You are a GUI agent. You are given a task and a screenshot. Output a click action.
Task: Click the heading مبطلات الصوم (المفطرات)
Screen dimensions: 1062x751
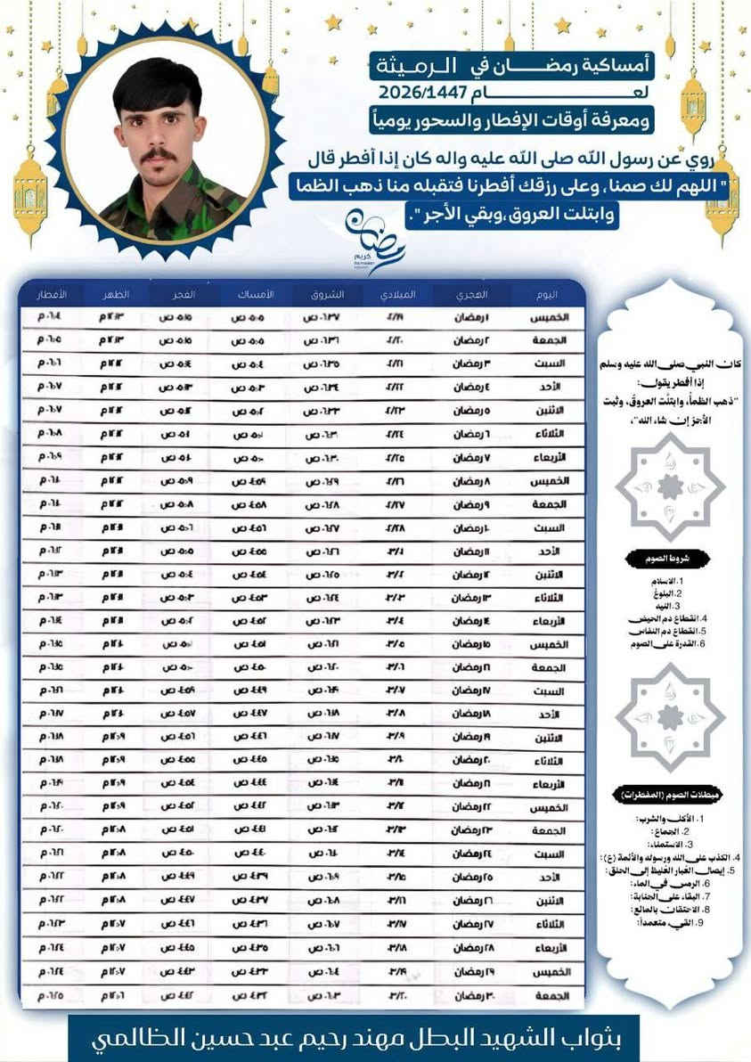pyautogui.click(x=669, y=795)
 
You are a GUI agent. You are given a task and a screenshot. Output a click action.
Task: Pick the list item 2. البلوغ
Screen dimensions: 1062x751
pyautogui.click(x=681, y=592)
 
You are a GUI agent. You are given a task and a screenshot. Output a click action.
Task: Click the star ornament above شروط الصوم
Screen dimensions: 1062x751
pyautogui.click(x=671, y=486)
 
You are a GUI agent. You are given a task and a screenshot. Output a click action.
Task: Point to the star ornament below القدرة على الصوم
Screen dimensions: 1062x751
pyautogui.click(x=671, y=716)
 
